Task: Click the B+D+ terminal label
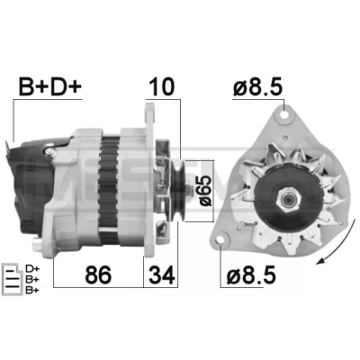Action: [x=49, y=87]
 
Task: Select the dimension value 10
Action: [x=162, y=86]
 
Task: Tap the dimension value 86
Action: [x=98, y=274]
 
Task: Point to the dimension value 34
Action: [x=162, y=274]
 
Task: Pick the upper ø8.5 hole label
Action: [x=257, y=87]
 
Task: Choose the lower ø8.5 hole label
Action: [x=251, y=275]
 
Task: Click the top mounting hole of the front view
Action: [x=284, y=114]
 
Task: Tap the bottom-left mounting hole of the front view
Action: [x=220, y=240]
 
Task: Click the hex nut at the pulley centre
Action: [x=289, y=199]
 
